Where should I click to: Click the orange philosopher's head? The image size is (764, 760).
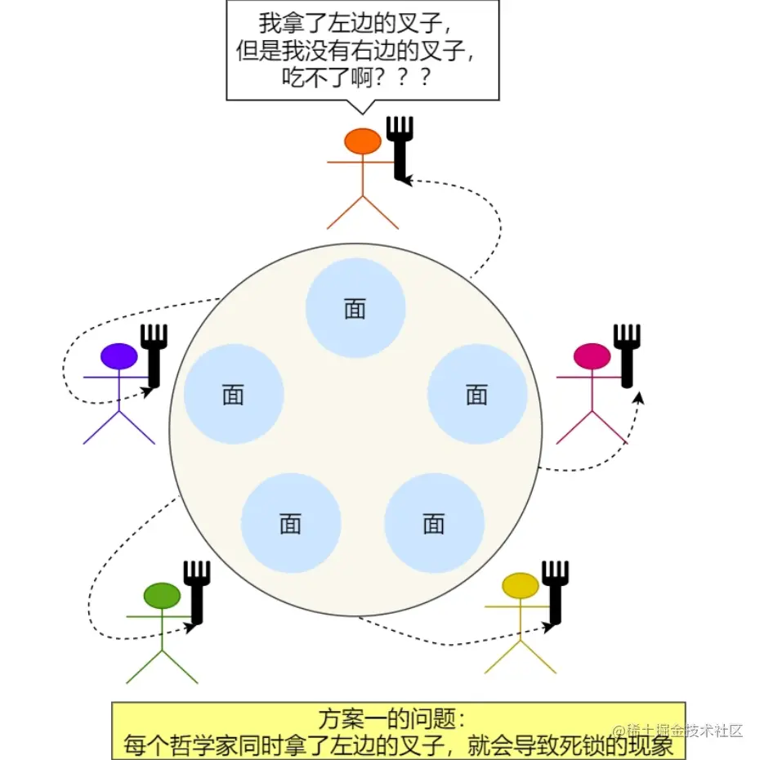363,141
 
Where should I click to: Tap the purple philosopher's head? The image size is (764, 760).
119,356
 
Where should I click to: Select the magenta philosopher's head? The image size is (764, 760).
592,356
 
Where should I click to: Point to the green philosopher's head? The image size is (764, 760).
161,596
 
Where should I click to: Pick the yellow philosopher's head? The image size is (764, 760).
520,586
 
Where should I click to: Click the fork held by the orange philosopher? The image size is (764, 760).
400,147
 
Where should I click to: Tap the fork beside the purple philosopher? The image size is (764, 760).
154,355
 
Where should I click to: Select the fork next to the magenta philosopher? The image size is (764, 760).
627,355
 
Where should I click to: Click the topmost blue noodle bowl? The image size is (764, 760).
355,308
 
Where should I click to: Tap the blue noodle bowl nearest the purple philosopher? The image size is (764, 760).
234,394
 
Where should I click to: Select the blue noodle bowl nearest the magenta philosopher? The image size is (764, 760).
477,394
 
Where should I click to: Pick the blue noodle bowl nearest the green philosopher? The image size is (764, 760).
291,523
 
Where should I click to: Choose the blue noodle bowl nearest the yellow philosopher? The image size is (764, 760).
434,523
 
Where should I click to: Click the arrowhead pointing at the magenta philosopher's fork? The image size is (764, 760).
639,396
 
